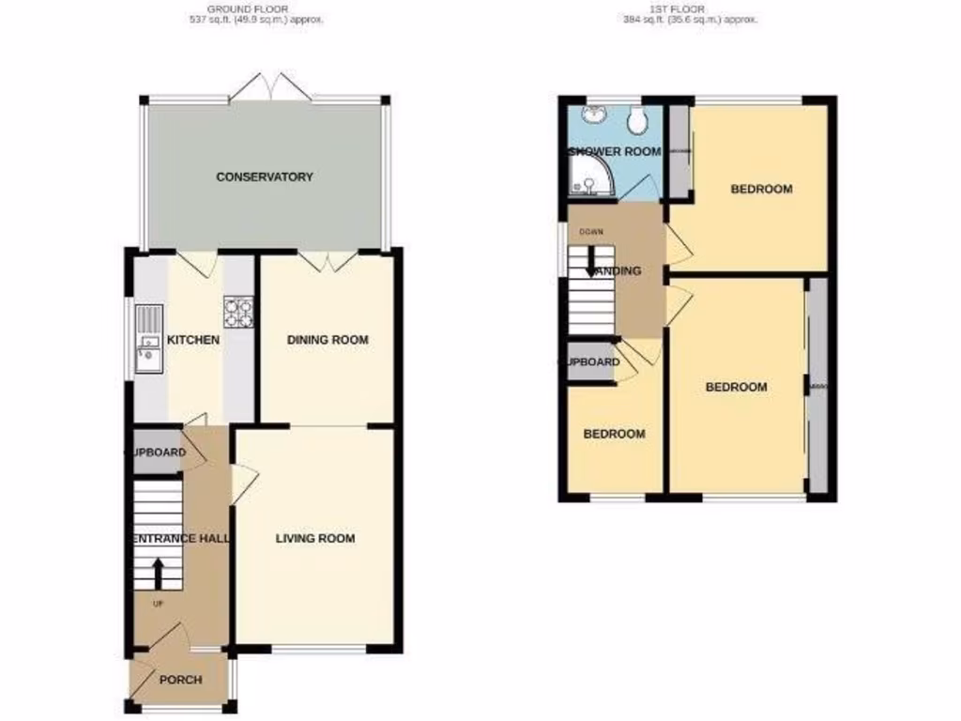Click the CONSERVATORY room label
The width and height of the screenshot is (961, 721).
coord(264,176)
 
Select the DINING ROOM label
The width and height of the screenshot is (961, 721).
coord(327,340)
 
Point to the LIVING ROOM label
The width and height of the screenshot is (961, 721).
coord(314,539)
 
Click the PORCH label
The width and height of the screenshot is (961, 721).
coord(178,681)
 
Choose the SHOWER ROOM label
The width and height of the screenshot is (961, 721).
coord(615,151)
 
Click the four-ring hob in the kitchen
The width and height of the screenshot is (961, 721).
coord(237,313)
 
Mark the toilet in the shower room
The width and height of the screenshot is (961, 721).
coord(638,118)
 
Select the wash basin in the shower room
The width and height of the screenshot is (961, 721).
coord(593,116)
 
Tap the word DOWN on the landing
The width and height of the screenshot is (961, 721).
coord(590,232)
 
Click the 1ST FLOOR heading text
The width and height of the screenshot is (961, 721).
coord(690,8)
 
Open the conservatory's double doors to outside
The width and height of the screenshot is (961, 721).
coord(269,88)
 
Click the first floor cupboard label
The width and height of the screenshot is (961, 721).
coord(590,362)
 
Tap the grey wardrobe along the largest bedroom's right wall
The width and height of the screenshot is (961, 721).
coord(817,386)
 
